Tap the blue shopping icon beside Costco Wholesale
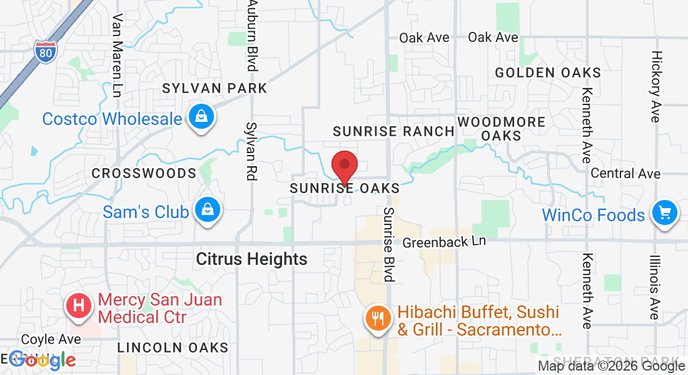(x=202, y=117)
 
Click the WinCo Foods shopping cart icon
(x=665, y=214)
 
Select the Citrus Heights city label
(x=251, y=259)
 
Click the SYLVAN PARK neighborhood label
(x=215, y=88)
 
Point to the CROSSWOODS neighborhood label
(x=144, y=173)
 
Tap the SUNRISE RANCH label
(x=393, y=131)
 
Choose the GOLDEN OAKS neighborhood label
(x=548, y=73)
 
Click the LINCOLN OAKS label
(x=173, y=347)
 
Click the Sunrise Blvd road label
(x=390, y=244)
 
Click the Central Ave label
(x=625, y=173)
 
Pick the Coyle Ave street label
(x=51, y=339)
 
